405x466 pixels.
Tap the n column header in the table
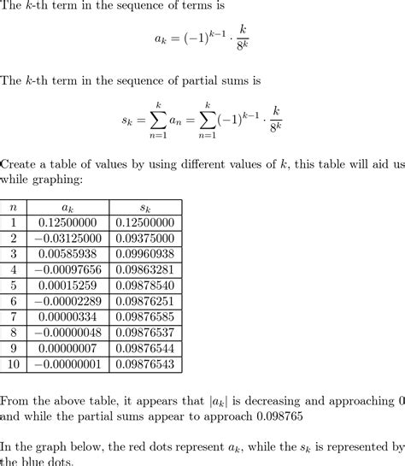tap(13, 207)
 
